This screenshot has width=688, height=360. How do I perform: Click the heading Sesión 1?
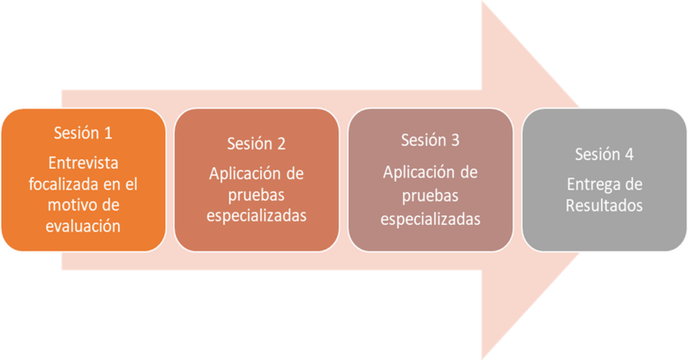83,133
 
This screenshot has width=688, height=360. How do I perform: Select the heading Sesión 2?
256,143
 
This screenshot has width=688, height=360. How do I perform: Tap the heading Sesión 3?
431,139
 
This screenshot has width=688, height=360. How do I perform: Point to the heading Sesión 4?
604,154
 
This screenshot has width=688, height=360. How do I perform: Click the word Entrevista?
83,164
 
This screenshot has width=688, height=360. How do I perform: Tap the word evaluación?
83,226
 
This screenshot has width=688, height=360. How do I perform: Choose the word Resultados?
604,207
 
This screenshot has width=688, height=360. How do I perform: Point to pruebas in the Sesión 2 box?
256,194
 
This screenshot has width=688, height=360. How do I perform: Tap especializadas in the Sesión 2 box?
256,215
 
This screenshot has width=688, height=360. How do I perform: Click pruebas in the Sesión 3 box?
431,189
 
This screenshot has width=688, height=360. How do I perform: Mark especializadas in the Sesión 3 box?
431,220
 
